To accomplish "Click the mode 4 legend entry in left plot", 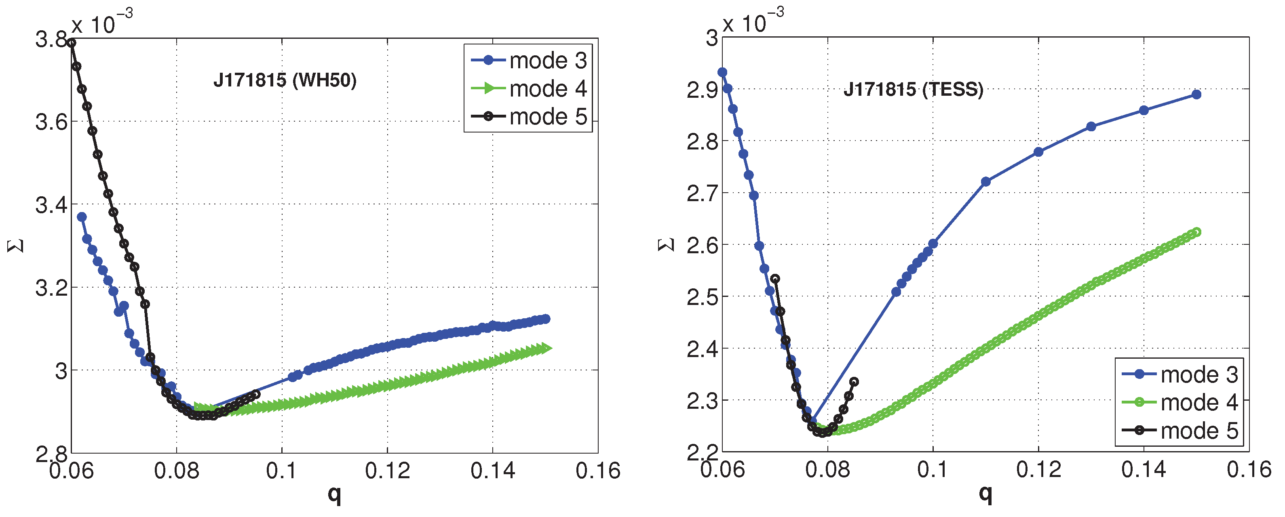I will (x=529, y=89).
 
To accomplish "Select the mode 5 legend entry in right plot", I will (x=1180, y=430).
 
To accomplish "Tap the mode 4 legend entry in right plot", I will (x=1180, y=402).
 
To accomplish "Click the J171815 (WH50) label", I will (x=285, y=80).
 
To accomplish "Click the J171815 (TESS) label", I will (x=913, y=90).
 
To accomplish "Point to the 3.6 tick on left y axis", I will (x=51, y=122).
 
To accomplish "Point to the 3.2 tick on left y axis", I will (x=51, y=288).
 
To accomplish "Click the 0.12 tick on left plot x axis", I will (x=387, y=471).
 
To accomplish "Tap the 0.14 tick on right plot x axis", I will (x=1144, y=470).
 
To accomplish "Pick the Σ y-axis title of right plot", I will (x=667, y=245).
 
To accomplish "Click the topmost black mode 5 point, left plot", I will (x=71, y=43).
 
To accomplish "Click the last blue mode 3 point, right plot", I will (x=1196, y=94).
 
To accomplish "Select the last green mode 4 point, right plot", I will (x=1196, y=232).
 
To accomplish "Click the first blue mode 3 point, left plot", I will (x=82, y=217).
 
